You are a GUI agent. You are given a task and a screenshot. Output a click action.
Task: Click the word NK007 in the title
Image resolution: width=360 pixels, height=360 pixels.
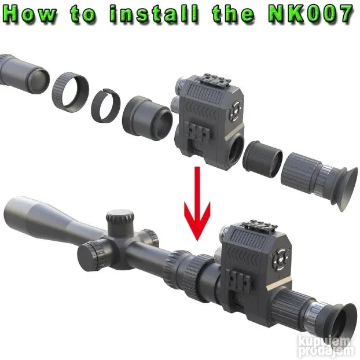click(x=311, y=14)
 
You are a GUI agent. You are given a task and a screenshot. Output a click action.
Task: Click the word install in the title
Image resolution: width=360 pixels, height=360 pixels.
click(x=153, y=14)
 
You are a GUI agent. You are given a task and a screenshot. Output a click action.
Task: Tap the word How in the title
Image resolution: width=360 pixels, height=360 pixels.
click(x=30, y=14)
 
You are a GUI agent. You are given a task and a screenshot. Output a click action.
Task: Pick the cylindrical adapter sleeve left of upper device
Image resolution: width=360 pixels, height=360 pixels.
click(x=147, y=117)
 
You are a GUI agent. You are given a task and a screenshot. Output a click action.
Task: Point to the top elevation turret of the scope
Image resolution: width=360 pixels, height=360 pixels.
click(x=120, y=221)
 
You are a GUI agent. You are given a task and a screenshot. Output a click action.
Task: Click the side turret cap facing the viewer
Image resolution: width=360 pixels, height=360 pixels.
click(x=91, y=256)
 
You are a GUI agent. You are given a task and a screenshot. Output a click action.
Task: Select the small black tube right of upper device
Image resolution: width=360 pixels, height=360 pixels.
click(x=262, y=159)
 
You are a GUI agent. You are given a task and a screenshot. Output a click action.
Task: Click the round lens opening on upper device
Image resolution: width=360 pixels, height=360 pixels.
click(x=236, y=149)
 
